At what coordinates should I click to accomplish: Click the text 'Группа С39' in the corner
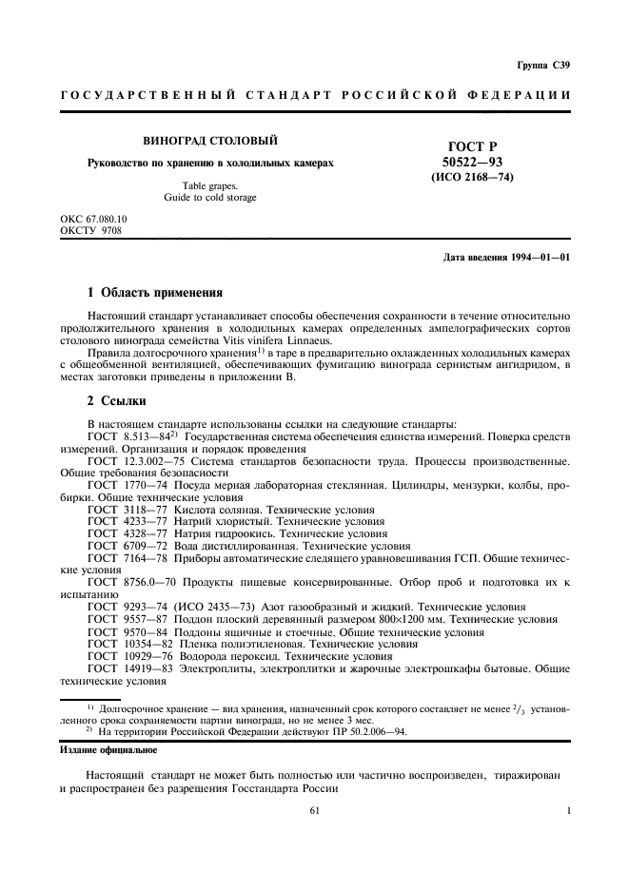pos(543,65)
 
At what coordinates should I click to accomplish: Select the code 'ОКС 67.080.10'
pos(93,219)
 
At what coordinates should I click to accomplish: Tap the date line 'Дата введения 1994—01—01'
pos(506,258)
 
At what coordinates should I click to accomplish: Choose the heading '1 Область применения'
pos(154,293)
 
